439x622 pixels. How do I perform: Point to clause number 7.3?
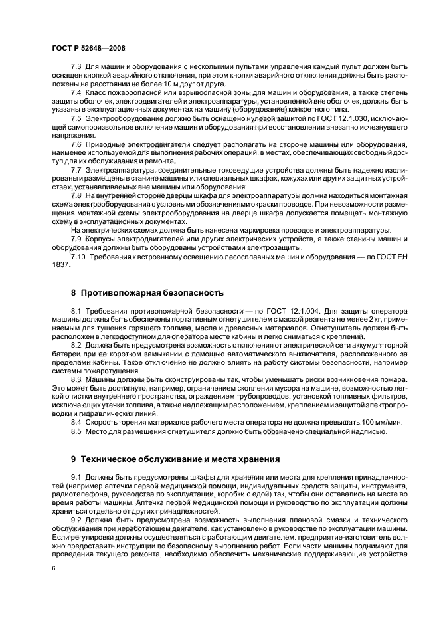[x=76, y=68]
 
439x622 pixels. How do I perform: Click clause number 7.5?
[x=76, y=118]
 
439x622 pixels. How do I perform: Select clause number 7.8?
[x=76, y=197]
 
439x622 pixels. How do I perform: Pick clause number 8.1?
[x=76, y=311]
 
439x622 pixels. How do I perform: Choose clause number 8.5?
[x=76, y=431]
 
